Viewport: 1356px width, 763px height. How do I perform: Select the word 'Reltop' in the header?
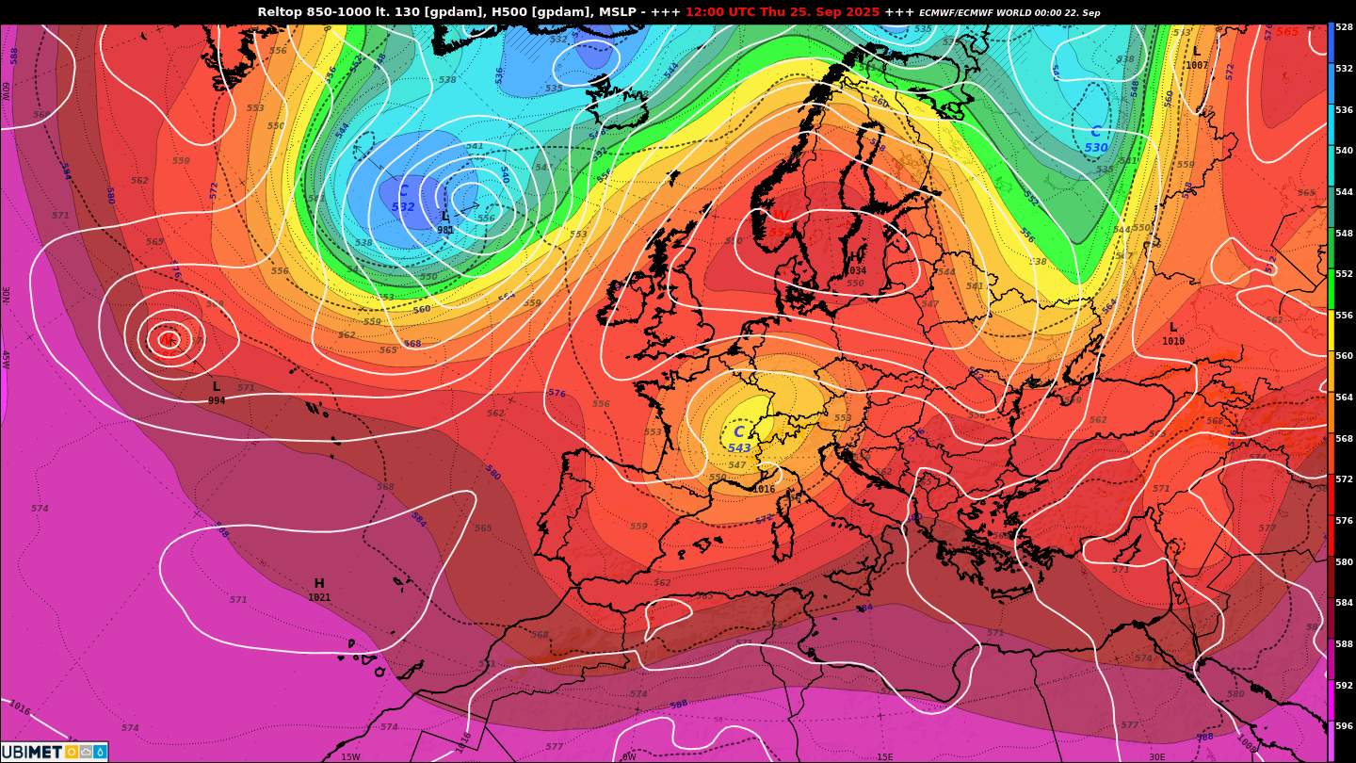pyautogui.click(x=279, y=12)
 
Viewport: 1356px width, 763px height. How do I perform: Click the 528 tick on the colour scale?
pyautogui.click(x=1344, y=27)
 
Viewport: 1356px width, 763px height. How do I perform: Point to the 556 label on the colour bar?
pyautogui.click(x=1344, y=316)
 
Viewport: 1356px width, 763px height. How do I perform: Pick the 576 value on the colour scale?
pyautogui.click(x=1344, y=521)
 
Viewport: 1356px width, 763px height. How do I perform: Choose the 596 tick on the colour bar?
pyautogui.click(x=1344, y=726)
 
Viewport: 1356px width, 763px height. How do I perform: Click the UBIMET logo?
pyautogui.click(x=54, y=752)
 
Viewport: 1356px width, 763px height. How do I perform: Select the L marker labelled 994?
pyautogui.click(x=217, y=393)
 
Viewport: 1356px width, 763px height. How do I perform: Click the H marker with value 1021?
pyautogui.click(x=319, y=590)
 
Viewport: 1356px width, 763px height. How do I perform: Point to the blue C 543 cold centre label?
pyautogui.click(x=739, y=440)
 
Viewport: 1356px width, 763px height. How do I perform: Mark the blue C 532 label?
pyautogui.click(x=403, y=200)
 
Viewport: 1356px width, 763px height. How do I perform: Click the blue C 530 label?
pyautogui.click(x=1096, y=139)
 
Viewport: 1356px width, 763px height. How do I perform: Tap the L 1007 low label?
pyautogui.click(x=1197, y=58)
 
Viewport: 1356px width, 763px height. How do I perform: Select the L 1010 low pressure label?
pyautogui.click(x=1173, y=333)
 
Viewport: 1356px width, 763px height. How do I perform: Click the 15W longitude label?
pyautogui.click(x=350, y=756)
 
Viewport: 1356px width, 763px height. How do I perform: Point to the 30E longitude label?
pyautogui.click(x=1156, y=756)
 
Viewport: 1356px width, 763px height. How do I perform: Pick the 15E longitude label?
pyautogui.click(x=884, y=756)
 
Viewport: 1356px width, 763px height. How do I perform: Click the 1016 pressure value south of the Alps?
pyautogui.click(x=764, y=489)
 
